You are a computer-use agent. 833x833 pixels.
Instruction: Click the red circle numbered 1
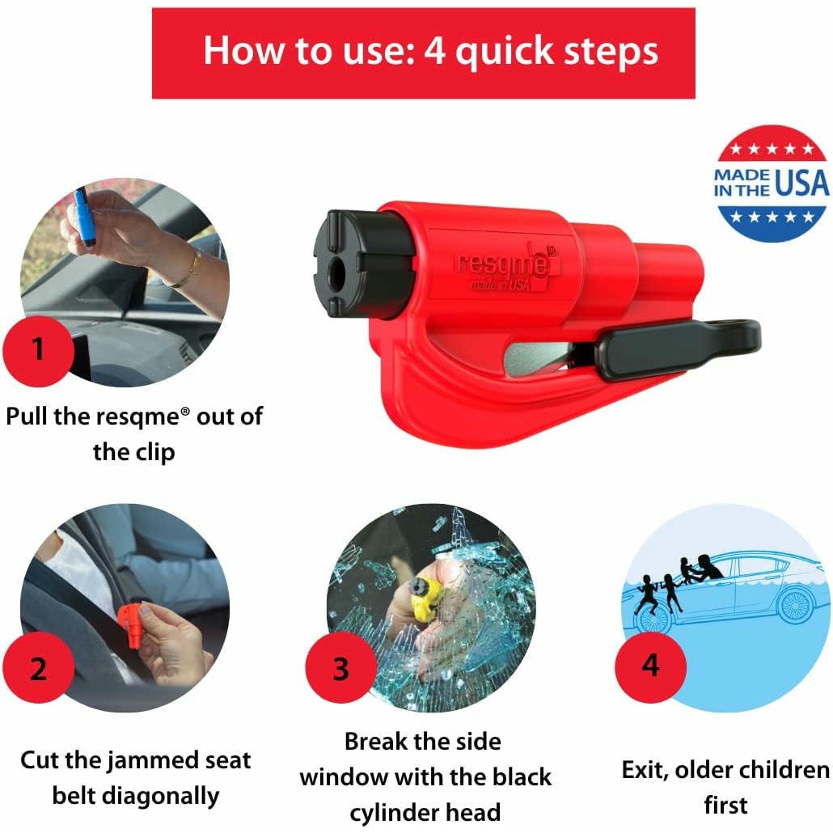(x=38, y=351)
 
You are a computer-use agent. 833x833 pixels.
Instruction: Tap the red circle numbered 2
(x=38, y=667)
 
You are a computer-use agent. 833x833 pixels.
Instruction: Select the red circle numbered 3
(x=341, y=667)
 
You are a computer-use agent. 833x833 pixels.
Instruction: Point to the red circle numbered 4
(x=651, y=666)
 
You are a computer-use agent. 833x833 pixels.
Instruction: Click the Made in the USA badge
(x=772, y=184)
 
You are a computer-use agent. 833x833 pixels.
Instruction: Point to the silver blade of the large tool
(x=536, y=358)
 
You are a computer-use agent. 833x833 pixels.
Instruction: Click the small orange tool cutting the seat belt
(x=133, y=624)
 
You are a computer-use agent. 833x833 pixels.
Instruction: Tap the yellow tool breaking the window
(x=426, y=598)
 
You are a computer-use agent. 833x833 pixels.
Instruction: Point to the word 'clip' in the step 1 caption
(x=154, y=453)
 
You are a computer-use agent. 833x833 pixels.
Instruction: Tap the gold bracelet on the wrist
(x=191, y=270)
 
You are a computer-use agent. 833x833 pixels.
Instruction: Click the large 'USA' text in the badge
(x=801, y=184)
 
